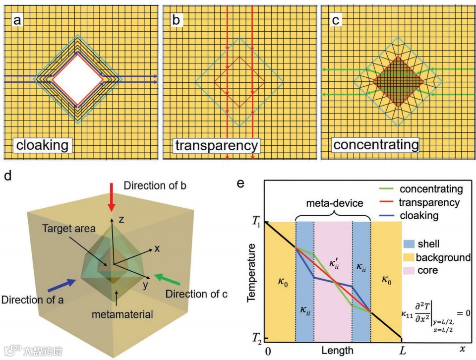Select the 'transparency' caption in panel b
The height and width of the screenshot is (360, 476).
tap(217, 145)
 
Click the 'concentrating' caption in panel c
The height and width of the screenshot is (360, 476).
tap(376, 145)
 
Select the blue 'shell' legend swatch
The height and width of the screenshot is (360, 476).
tap(409, 244)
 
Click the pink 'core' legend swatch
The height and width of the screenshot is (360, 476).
tap(409, 271)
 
